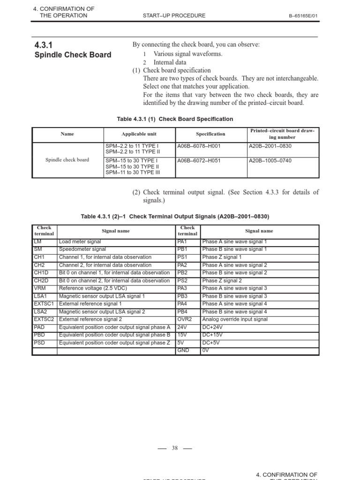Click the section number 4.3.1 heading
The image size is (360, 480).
click(x=44, y=45)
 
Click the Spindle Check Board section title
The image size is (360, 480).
click(x=73, y=55)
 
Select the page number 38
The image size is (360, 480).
click(x=174, y=448)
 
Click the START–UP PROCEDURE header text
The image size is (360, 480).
click(x=174, y=15)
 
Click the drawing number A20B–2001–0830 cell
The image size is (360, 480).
click(x=270, y=146)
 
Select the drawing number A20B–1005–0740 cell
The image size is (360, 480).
click(x=270, y=161)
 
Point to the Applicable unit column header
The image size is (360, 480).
click(x=139, y=134)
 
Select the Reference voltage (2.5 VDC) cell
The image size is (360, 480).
click(x=93, y=288)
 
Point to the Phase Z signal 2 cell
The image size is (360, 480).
click(x=222, y=281)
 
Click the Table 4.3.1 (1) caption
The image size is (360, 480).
click(x=175, y=119)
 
